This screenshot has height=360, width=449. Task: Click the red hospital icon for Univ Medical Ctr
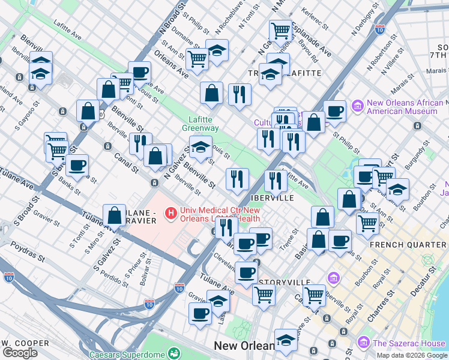(x=171, y=212)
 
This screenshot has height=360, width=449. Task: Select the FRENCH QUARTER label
(x=408, y=245)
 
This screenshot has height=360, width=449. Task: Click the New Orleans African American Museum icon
(x=358, y=106)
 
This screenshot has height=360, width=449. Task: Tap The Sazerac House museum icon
(x=363, y=343)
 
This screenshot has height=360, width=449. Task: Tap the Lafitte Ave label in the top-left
(x=67, y=31)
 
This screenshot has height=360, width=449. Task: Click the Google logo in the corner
(x=20, y=352)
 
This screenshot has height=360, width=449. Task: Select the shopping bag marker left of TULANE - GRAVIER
(x=114, y=215)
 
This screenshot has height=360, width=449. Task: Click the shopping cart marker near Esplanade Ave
(x=280, y=29)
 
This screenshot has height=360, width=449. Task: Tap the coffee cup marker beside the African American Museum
(x=334, y=111)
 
